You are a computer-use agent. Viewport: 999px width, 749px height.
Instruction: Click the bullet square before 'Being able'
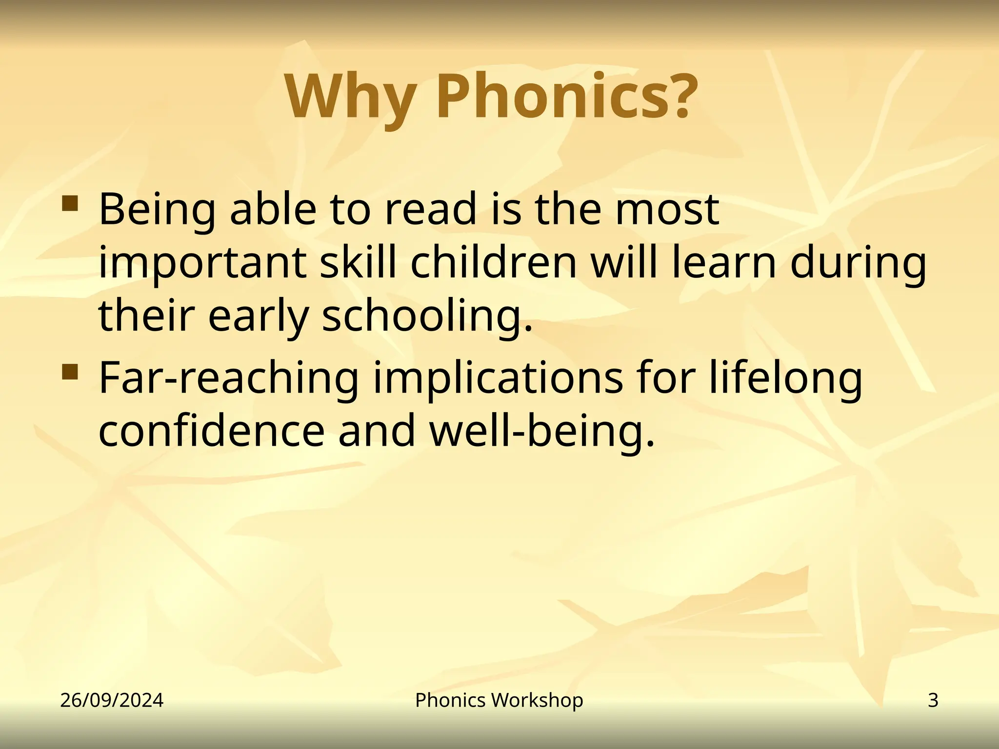click(x=70, y=203)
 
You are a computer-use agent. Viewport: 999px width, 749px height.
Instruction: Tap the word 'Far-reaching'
click(x=229, y=379)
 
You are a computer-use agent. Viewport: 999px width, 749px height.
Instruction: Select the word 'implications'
click(x=498, y=379)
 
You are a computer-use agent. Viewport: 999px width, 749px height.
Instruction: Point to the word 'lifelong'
click(x=785, y=379)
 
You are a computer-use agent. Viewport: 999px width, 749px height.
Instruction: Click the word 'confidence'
click(x=211, y=431)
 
